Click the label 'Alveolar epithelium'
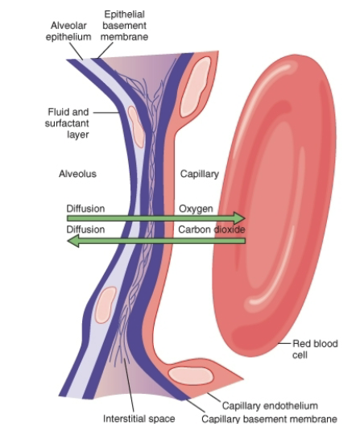tap(68, 31)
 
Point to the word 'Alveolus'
tap(77, 173)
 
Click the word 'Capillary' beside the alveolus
tap(199, 173)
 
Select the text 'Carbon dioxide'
tap(211, 230)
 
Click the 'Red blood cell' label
tap(315, 349)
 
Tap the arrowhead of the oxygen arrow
tap(238, 218)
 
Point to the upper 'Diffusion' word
tap(85, 209)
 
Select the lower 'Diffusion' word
tap(85, 230)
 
